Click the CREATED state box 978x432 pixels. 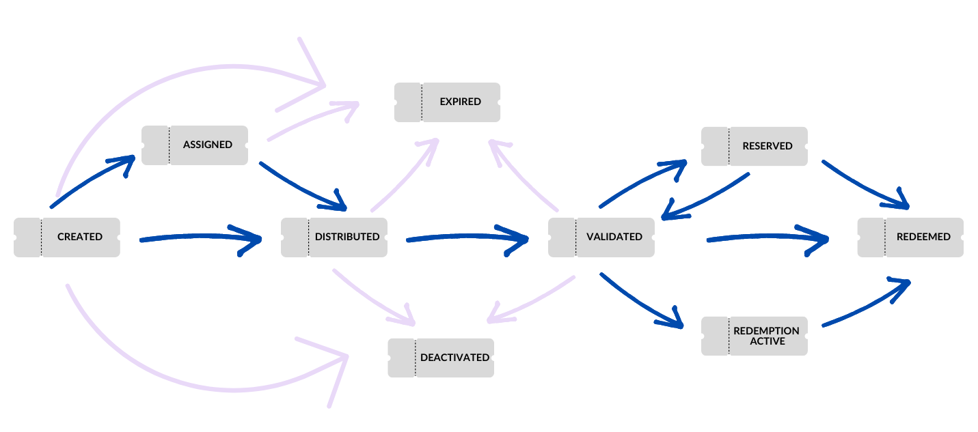tap(67, 237)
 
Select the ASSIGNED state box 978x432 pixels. tap(195, 145)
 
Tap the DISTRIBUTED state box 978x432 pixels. tap(334, 237)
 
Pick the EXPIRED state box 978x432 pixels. tap(448, 102)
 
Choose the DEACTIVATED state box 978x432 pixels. tap(441, 358)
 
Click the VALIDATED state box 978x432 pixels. tap(601, 237)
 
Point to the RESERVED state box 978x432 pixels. tap(755, 146)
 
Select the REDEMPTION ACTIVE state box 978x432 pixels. tap(755, 336)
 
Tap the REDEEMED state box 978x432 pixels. tap(910, 237)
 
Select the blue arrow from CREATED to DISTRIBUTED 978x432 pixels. tap(198, 237)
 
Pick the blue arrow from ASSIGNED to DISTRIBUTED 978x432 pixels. tap(301, 186)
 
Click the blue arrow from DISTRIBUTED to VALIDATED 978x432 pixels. tap(465, 237)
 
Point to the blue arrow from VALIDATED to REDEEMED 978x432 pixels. tap(765, 237)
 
